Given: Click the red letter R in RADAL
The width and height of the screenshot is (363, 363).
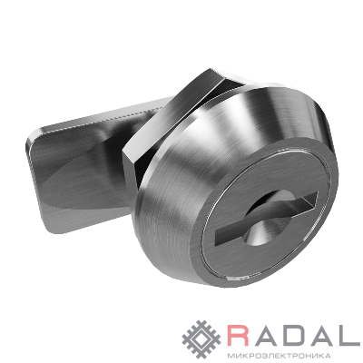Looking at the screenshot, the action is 239,335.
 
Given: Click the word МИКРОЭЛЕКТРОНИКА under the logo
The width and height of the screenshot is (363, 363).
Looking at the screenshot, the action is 279,355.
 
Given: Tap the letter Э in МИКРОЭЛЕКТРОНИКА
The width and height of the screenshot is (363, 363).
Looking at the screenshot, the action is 260,355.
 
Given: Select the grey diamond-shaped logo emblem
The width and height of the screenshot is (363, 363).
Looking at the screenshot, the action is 201,339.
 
